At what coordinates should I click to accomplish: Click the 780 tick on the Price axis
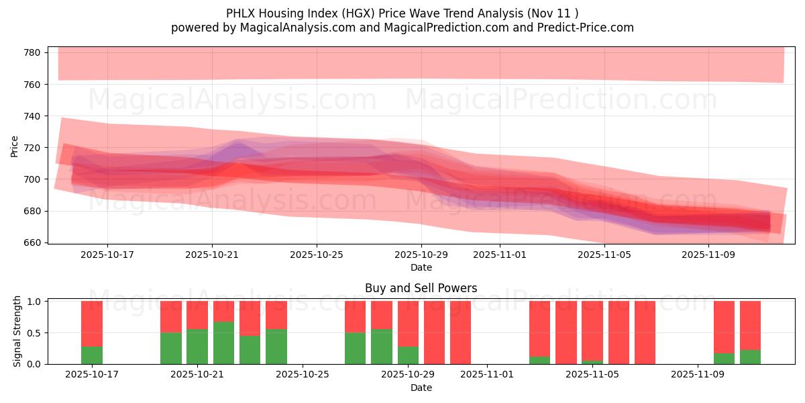(x=34, y=52)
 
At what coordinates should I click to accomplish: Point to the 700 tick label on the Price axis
(x=34, y=179)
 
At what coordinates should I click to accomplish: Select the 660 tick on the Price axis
(x=34, y=242)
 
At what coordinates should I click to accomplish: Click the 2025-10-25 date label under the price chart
(x=317, y=255)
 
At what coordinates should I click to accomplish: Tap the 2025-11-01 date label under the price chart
(x=500, y=255)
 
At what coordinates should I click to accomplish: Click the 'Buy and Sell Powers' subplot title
(x=421, y=288)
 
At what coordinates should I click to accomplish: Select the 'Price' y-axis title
(x=15, y=146)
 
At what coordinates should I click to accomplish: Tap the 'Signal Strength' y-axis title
(x=17, y=332)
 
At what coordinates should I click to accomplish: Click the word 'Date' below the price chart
(x=421, y=267)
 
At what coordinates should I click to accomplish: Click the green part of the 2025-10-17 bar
(x=92, y=355)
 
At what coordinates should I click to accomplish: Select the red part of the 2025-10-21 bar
(x=197, y=314)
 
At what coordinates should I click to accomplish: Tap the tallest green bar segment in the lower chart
(x=223, y=343)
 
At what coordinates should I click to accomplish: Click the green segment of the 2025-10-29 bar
(x=408, y=355)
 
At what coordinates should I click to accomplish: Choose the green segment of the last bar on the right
(x=750, y=357)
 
